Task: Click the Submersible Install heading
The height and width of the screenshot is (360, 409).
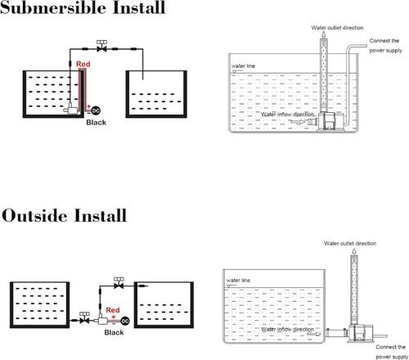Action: point(83,7)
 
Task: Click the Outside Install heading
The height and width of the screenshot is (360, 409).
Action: point(65,215)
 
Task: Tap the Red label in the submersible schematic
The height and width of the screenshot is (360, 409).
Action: point(83,64)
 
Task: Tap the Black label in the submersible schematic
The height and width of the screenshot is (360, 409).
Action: point(96,123)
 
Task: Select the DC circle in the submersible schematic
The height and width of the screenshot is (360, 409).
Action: point(96,110)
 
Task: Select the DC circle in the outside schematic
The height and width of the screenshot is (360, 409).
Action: point(125,321)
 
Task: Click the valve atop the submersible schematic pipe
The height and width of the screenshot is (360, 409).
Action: point(101,47)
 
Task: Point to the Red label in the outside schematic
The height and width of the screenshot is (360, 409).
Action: point(113,310)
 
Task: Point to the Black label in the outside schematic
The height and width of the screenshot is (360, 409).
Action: point(114,332)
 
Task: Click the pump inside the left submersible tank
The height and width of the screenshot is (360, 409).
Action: point(71,110)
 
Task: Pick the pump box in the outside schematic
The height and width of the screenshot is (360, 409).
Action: point(101,320)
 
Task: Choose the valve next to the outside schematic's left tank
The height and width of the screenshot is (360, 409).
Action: point(84,318)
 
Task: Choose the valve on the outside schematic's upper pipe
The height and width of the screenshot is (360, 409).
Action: point(119,284)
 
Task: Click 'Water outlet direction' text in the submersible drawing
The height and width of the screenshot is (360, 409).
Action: point(337,28)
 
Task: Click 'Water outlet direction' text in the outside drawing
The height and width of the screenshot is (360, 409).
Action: point(350,243)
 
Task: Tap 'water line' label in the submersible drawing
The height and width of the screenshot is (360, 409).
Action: point(243,66)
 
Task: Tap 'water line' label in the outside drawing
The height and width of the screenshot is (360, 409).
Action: point(238,280)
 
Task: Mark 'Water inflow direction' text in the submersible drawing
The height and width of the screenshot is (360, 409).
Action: point(287,115)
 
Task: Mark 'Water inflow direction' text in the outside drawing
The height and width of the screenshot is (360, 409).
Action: point(287,329)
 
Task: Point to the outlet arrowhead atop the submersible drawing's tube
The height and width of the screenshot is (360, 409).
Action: point(323,34)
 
